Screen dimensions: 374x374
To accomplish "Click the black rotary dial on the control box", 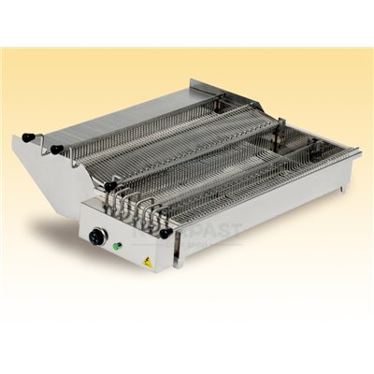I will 97,237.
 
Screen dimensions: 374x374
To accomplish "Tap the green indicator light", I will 117,247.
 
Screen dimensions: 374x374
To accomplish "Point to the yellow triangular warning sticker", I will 147,263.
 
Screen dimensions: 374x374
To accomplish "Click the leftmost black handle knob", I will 28,137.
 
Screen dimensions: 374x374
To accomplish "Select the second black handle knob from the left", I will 55,149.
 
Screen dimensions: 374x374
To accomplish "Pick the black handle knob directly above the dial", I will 110,187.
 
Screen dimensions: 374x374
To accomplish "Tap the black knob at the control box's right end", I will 165,232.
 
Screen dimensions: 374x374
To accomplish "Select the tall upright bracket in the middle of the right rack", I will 280,131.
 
